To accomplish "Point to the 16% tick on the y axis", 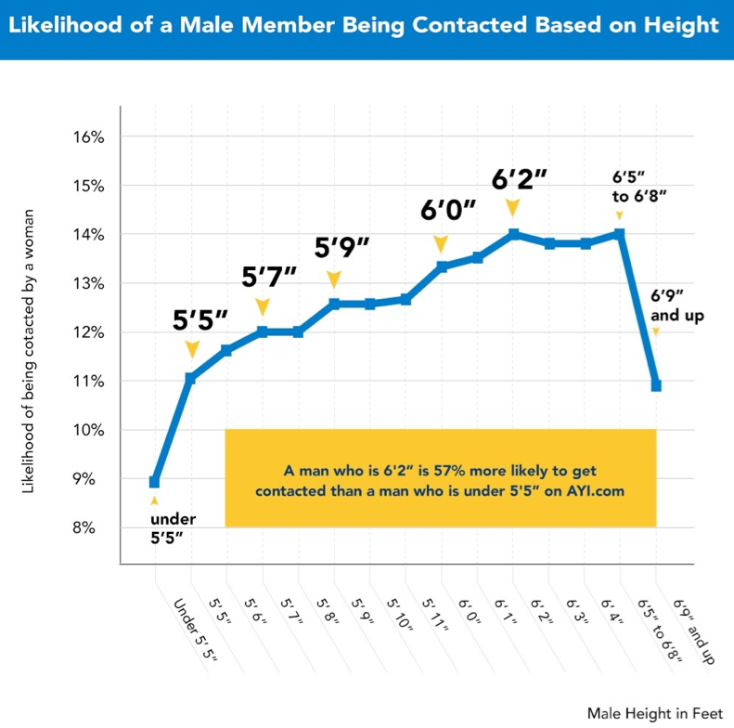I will point(87,136).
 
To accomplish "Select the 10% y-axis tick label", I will point(87,430).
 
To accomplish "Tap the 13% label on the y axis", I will point(87,283).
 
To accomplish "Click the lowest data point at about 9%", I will point(154,482).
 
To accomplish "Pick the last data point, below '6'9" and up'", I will point(656,385).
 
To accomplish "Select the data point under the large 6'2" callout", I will point(513,234).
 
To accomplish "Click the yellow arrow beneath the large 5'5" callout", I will point(191,349).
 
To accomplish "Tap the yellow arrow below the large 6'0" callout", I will point(442,243).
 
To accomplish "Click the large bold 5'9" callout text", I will point(341,248).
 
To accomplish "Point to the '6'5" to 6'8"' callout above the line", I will point(639,186).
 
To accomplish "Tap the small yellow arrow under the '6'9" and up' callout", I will point(656,331).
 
